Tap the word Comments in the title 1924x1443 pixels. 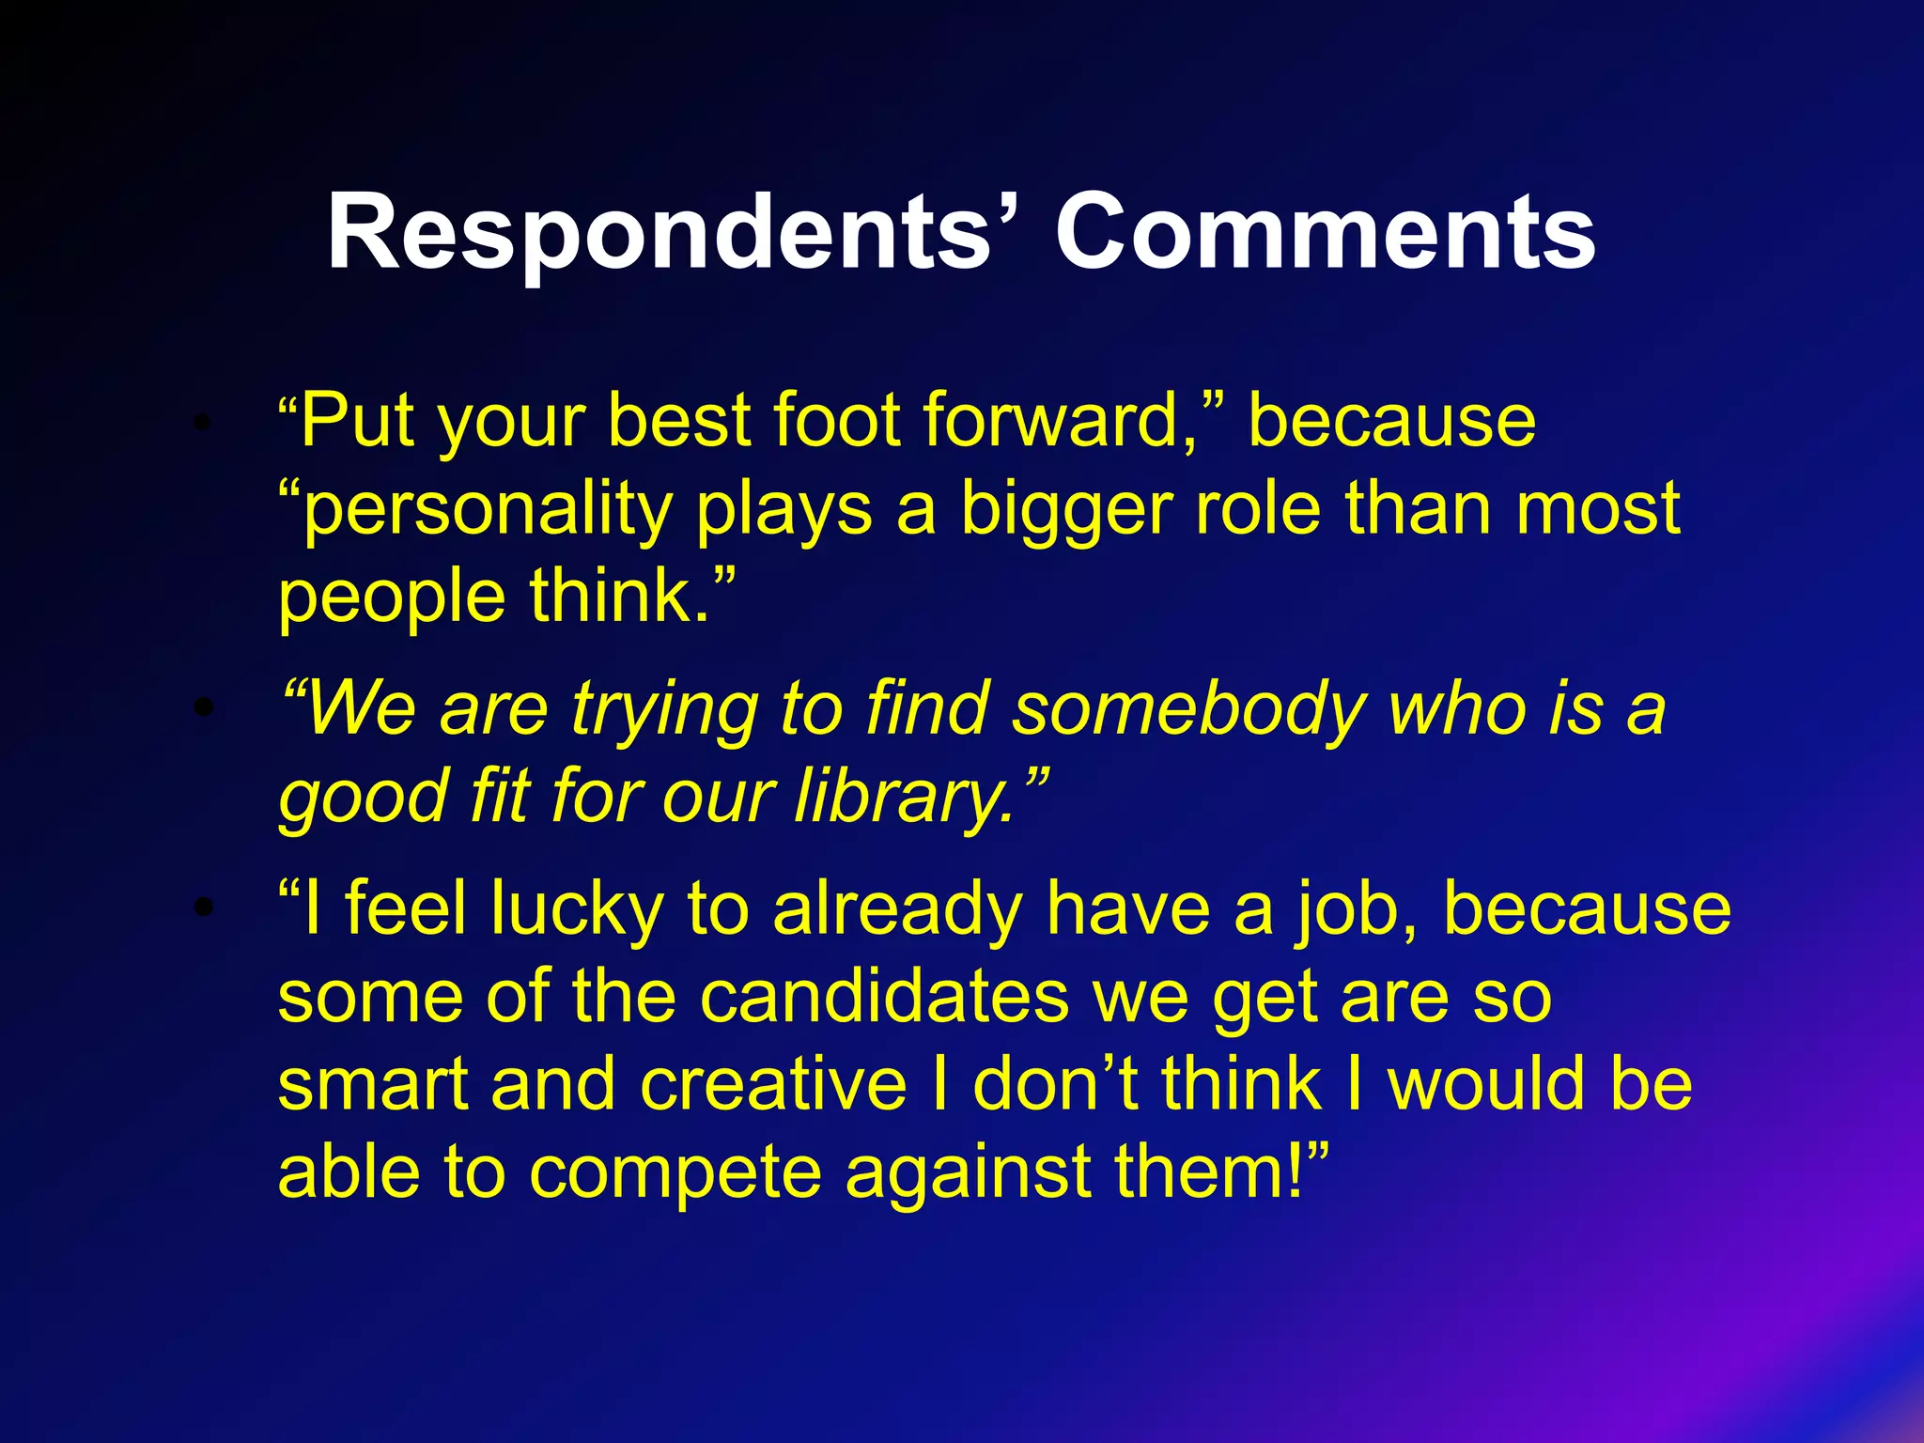click(1325, 232)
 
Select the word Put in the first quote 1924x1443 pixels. click(357, 421)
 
